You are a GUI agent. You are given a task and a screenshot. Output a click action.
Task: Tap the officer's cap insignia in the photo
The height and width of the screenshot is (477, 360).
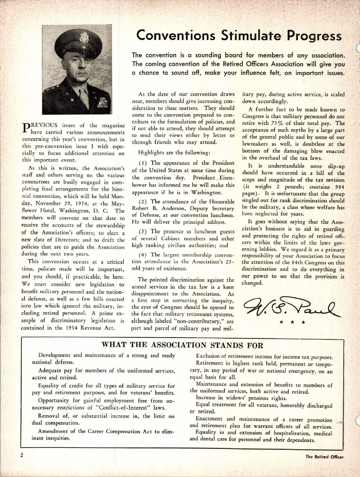point(82,38)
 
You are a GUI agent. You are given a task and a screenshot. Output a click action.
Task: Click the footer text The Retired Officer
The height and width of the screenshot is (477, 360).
point(325,457)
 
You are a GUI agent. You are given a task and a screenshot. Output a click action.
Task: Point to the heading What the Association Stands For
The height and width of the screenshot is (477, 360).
point(182,345)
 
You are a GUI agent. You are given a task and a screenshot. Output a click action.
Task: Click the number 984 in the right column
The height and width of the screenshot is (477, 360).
point(338,187)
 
